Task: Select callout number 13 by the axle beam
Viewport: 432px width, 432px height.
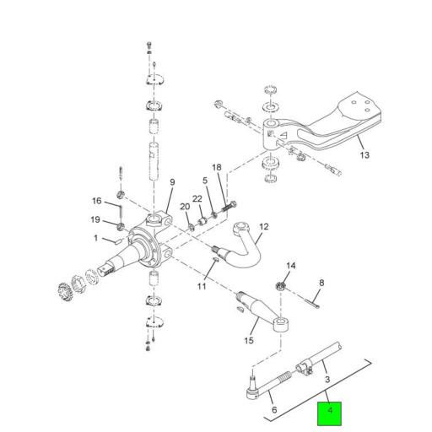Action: [x=364, y=156]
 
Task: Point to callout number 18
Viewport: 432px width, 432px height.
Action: [x=216, y=169]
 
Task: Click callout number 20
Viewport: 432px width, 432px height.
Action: [x=185, y=208]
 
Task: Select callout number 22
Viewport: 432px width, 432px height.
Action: [x=197, y=198]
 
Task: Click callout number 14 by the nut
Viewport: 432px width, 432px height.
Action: [x=290, y=267]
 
